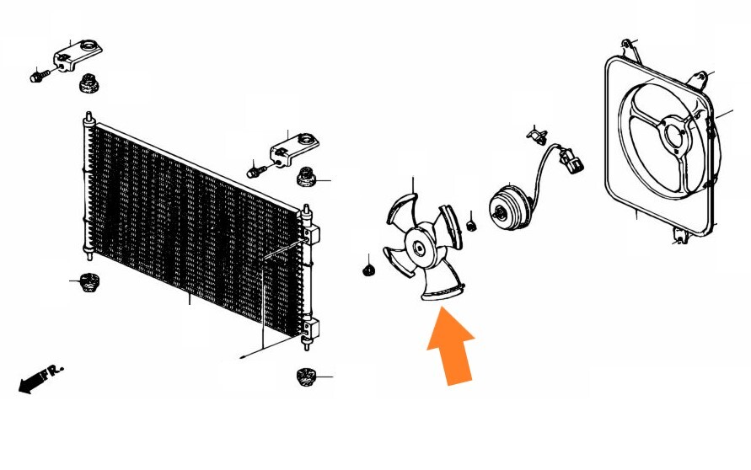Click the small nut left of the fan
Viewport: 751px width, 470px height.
click(x=367, y=270)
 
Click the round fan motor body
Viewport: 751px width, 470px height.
click(x=509, y=208)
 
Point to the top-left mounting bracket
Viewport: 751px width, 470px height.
click(x=77, y=56)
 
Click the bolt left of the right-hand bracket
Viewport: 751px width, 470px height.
click(x=254, y=172)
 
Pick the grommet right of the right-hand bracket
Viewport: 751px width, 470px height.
click(x=306, y=178)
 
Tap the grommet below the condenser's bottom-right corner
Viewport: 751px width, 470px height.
click(x=305, y=377)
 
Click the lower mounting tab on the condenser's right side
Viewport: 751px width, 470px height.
click(x=310, y=331)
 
